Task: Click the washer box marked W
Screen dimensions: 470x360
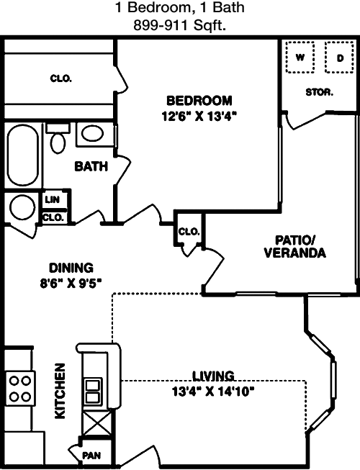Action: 300,57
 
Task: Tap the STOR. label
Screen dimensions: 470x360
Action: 319,92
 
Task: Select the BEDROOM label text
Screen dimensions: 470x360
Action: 199,100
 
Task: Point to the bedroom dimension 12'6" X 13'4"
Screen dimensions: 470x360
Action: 199,114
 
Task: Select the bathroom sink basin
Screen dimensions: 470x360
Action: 91,133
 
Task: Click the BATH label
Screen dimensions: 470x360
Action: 91,167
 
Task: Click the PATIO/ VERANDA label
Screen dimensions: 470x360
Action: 295,246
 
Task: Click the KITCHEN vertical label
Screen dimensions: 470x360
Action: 60,391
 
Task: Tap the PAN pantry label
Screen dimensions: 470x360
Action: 91,456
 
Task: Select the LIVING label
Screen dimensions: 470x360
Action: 214,376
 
